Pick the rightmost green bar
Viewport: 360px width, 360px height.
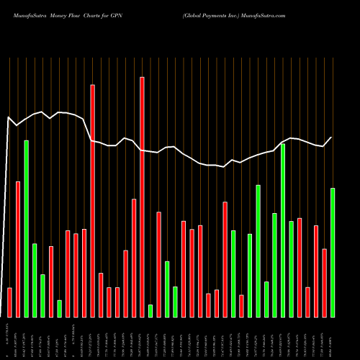point(333,252)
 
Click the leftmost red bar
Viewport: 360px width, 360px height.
point(9,302)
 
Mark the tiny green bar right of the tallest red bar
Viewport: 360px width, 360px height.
point(150,310)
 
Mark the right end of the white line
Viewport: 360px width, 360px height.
point(332,138)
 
